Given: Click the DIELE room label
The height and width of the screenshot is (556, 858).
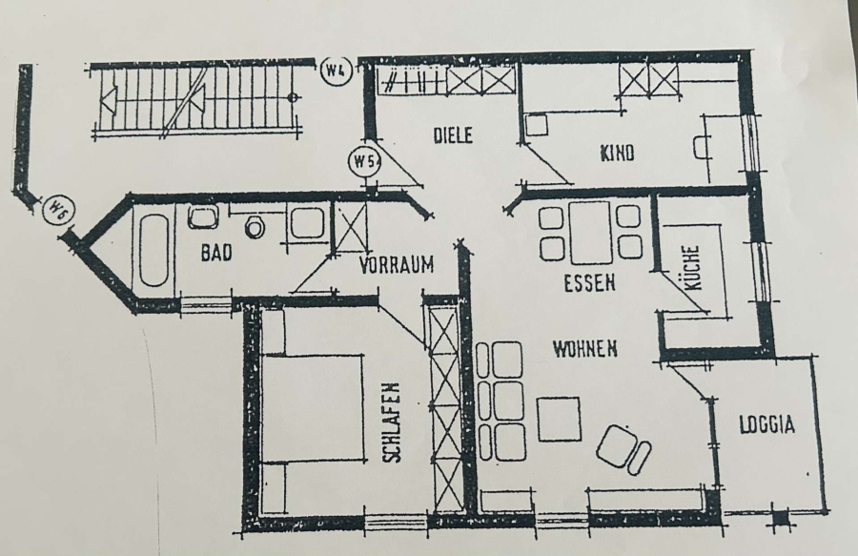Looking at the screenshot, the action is tap(453, 135).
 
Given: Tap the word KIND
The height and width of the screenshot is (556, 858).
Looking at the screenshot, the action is tap(617, 153).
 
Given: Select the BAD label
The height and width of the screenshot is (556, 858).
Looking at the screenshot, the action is tap(216, 253).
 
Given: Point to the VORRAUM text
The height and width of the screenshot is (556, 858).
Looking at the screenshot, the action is tap(397, 265).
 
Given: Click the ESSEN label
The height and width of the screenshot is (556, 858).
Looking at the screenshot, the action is tap(589, 283).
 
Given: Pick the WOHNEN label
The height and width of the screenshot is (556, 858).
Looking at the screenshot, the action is tap(585, 348).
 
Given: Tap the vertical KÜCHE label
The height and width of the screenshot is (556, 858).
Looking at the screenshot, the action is tap(692, 268).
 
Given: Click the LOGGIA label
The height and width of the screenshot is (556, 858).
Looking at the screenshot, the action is tap(766, 424).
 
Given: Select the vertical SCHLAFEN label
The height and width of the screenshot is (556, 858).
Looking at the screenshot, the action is tap(392, 422).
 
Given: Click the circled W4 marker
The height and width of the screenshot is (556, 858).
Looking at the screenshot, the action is tap(337, 72).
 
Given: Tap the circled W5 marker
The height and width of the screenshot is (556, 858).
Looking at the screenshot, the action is tap(364, 161).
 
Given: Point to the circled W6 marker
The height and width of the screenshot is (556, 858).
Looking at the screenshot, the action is tap(58, 210).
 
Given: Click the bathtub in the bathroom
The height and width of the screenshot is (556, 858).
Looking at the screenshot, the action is tap(153, 250).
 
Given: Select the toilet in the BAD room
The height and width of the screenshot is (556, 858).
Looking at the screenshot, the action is tap(254, 226).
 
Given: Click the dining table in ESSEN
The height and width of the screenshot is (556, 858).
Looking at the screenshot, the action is tap(590, 233).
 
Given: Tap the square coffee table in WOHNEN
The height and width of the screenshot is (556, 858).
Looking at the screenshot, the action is tap(558, 420).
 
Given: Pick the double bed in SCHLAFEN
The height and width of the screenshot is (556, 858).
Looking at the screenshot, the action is tap(313, 407).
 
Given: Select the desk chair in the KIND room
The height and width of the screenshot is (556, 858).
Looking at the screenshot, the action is tap(702, 147).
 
